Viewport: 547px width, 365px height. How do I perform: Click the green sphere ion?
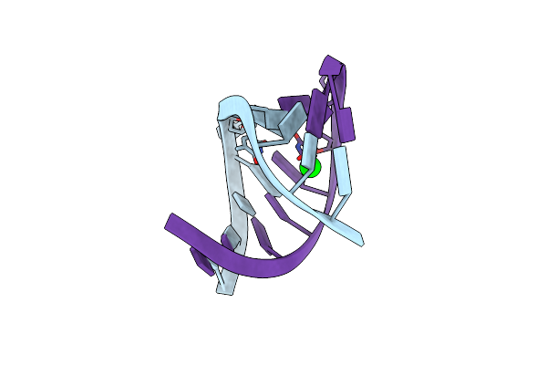[x=309, y=169]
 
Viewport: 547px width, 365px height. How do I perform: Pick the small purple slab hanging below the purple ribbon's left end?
[x=198, y=261]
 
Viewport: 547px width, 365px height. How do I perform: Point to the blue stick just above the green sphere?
[x=299, y=158]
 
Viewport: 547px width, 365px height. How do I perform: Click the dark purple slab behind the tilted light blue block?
[x=294, y=103]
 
